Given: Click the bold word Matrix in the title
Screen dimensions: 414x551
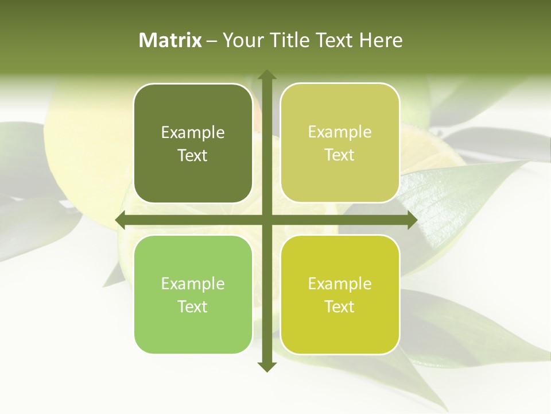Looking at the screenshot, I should click(170, 40).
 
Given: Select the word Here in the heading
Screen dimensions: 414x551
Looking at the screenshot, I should click(381, 40).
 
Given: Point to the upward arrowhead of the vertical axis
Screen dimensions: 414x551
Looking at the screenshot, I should click(266, 75).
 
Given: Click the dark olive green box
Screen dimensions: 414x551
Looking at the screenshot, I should click(193, 144).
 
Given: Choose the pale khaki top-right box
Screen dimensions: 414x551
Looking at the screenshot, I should click(340, 143).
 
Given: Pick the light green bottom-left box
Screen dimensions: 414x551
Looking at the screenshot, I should click(193, 294).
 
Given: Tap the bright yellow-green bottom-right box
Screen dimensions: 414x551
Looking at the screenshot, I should click(340, 294).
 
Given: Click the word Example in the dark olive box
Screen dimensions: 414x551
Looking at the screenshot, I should click(193, 133).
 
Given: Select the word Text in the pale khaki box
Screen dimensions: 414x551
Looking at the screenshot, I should click(340, 155).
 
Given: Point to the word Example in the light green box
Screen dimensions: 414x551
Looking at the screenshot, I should click(193, 283).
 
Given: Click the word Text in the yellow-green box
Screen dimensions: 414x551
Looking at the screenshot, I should click(340, 306).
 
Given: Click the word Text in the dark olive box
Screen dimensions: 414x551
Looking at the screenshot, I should click(193, 156).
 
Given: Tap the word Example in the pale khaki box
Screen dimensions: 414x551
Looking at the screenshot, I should click(340, 132).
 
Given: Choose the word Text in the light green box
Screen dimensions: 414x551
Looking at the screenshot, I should click(193, 306).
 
